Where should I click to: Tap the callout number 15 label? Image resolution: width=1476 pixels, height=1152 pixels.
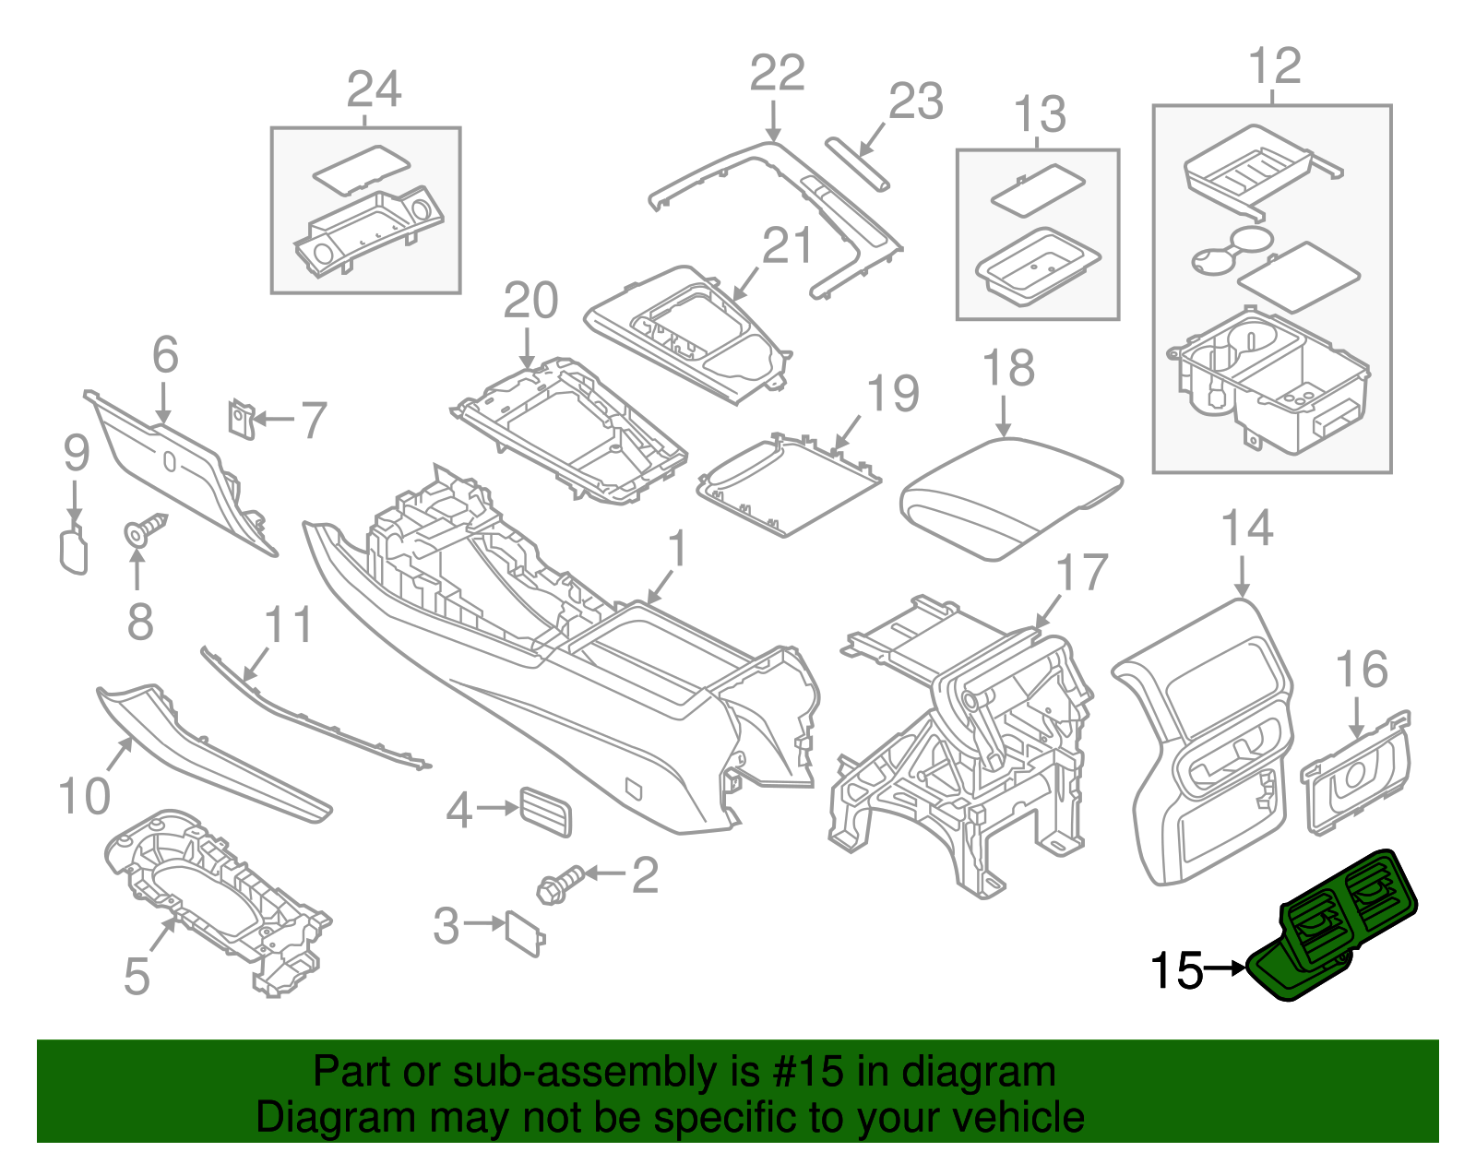tap(1176, 971)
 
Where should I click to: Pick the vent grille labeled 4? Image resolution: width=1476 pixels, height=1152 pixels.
tap(545, 812)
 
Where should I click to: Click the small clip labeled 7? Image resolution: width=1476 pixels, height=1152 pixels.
tap(241, 418)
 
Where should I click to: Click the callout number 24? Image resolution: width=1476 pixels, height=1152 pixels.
tap(374, 89)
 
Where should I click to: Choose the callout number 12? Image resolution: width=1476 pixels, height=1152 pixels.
tap(1274, 66)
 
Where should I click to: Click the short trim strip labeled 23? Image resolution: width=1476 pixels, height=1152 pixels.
tap(858, 163)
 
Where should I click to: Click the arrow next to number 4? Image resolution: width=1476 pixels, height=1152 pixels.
tap(497, 809)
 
